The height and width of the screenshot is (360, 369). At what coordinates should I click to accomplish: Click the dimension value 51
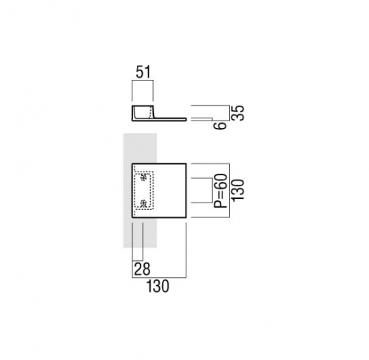[143, 72]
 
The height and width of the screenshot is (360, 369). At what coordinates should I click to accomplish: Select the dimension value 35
[239, 113]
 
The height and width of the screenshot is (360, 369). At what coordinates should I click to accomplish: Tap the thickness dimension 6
[220, 126]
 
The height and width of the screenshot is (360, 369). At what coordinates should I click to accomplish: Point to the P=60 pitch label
[220, 191]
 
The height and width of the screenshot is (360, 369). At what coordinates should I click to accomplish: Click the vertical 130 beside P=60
[238, 189]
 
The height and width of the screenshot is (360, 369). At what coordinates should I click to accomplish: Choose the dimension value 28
[142, 269]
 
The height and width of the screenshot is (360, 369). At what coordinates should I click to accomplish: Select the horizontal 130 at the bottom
[158, 286]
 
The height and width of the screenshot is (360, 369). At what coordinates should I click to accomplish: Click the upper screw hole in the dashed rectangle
[143, 177]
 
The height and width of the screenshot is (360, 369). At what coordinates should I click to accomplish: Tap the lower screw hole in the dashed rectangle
[143, 203]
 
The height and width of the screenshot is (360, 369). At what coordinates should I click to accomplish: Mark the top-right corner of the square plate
[186, 163]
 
